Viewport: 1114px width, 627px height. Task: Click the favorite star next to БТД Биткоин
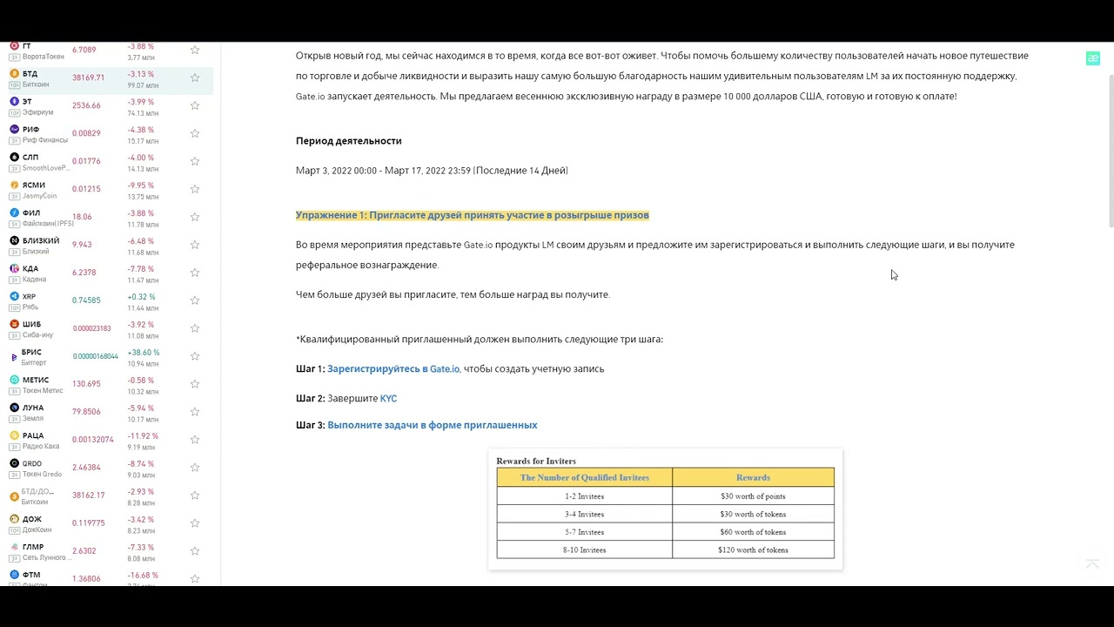(195, 78)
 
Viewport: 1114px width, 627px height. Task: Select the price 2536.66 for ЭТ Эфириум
(86, 105)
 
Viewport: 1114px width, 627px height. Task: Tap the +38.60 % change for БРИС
(144, 353)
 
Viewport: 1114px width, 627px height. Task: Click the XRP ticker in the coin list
(29, 296)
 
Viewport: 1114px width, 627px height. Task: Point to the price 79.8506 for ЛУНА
(86, 412)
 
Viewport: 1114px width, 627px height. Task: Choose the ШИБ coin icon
(14, 325)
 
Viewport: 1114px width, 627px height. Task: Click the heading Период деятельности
(348, 141)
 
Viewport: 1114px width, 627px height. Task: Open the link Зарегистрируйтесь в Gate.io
(393, 369)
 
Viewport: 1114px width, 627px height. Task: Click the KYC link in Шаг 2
(388, 399)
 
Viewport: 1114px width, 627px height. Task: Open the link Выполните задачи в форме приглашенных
(432, 426)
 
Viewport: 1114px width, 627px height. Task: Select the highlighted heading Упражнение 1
(472, 215)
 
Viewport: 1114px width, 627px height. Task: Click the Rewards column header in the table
(753, 477)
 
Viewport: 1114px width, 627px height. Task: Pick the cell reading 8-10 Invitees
(584, 550)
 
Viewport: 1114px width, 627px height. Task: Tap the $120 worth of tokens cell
(753, 550)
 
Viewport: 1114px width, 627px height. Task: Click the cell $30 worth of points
(753, 496)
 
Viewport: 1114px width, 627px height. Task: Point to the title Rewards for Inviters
(536, 461)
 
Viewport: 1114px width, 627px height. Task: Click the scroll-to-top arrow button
(1092, 564)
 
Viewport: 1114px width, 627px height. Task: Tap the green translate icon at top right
(1092, 58)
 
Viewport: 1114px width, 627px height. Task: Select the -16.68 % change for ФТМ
(143, 576)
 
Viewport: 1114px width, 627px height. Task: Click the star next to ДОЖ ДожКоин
(195, 523)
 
